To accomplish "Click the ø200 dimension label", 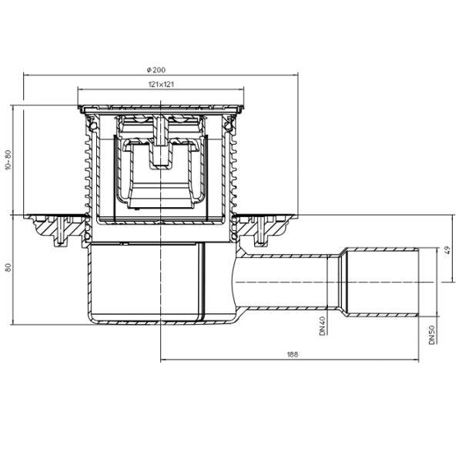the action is coord(156,70).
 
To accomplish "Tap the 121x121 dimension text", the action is coord(161,84).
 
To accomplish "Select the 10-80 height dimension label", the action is coord(8,159).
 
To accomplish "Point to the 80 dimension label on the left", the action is coord(8,267).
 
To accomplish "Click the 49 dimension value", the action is coord(448,250).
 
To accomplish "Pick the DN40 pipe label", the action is coord(322,326).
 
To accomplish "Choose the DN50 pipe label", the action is coord(432,335).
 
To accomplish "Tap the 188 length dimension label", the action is coord(293,354).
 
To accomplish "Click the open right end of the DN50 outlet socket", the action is coord(418,283).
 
